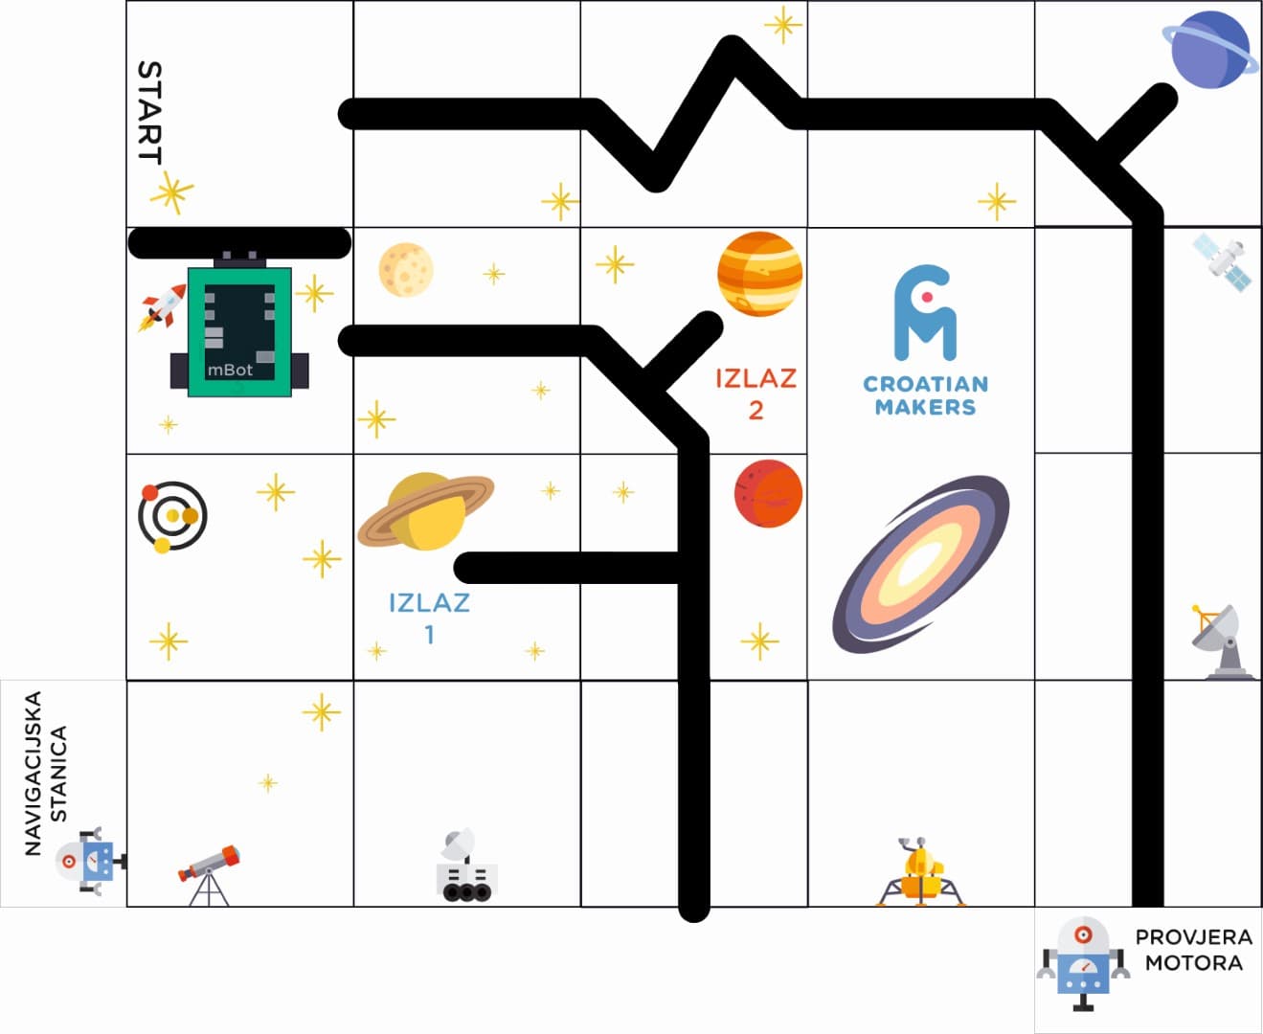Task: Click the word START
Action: [x=149, y=112]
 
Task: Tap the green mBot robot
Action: [x=239, y=325]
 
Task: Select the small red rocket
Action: [x=162, y=307]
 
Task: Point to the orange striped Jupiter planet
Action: [x=760, y=274]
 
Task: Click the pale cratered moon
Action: [x=406, y=269]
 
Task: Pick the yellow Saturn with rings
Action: [x=426, y=511]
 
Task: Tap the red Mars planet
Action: [x=768, y=493]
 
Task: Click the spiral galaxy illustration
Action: [x=921, y=564]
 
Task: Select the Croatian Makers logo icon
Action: [x=925, y=312]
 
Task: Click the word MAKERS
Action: [x=925, y=407]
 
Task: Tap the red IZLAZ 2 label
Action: [x=756, y=393]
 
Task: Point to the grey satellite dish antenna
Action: [x=1222, y=642]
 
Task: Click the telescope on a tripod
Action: [x=210, y=875]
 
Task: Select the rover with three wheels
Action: [x=467, y=865]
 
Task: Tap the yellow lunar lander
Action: [x=920, y=872]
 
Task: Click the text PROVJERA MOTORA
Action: [x=1193, y=950]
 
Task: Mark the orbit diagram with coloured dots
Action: [x=172, y=517]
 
